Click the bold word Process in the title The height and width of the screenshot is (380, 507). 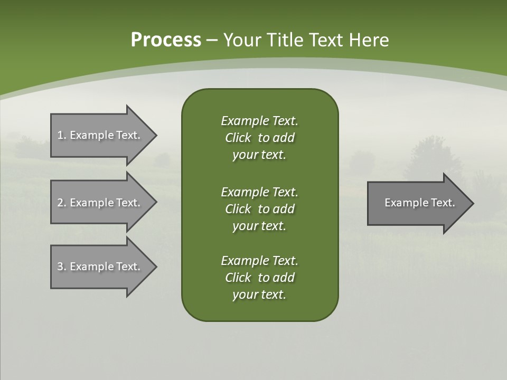165,40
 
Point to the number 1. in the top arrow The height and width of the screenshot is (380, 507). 61,135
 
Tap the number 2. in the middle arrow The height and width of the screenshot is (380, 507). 61,203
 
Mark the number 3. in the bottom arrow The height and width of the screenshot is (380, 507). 61,267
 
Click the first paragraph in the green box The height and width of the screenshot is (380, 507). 259,138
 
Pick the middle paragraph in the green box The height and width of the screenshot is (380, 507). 259,209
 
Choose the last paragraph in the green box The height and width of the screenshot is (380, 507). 259,278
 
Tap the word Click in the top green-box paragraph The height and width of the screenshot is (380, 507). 238,138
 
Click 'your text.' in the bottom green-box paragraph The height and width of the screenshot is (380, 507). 259,294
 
